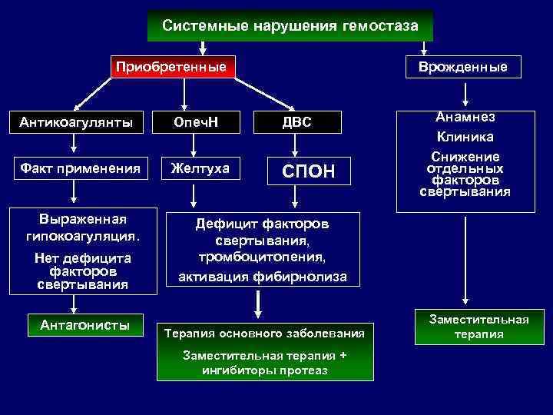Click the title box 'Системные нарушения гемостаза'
pyautogui.click(x=290, y=26)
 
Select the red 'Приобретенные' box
pyautogui.click(x=171, y=67)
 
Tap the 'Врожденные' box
pyautogui.click(x=462, y=67)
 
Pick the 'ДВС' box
pyautogui.click(x=296, y=121)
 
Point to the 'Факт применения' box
pyautogui.click(x=75, y=168)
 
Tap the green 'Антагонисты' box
pyautogui.click(x=84, y=325)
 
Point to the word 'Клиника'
pyautogui.click(x=465, y=137)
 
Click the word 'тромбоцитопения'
pyautogui.click(x=262, y=256)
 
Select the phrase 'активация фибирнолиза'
pyautogui.click(x=262, y=276)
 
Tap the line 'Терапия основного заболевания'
pyautogui.click(x=264, y=334)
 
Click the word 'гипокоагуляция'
pyautogui.click(x=83, y=232)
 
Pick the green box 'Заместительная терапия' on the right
pyautogui.click(x=478, y=326)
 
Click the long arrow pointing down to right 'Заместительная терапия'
pyautogui.click(x=464, y=261)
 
